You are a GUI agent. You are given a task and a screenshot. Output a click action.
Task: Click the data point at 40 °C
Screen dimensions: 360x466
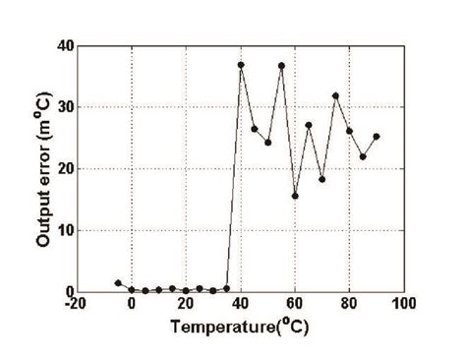point(241,65)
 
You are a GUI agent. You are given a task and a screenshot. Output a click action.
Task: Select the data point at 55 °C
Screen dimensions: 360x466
point(281,66)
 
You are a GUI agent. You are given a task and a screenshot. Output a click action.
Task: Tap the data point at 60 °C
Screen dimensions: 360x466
point(295,196)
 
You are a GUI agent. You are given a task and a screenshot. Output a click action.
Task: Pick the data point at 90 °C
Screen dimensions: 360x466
point(377,137)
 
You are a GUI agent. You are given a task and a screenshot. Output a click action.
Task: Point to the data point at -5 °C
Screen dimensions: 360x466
point(118,283)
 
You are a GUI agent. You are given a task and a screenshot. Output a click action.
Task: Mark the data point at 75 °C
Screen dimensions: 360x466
point(335,95)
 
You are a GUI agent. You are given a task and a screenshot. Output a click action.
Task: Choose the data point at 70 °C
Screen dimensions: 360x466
point(321,179)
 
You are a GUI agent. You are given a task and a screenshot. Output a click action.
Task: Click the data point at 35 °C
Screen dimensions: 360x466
point(227,288)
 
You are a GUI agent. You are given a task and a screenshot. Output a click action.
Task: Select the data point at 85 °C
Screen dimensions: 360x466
point(363,157)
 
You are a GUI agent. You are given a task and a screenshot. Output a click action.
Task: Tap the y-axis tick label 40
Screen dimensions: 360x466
point(66,45)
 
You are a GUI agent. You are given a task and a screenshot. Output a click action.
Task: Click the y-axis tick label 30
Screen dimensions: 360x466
point(66,107)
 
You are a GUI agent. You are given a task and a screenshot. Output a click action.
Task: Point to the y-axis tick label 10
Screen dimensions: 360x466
point(66,230)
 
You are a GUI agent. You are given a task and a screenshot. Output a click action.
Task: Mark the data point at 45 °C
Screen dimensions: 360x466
point(255,129)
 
